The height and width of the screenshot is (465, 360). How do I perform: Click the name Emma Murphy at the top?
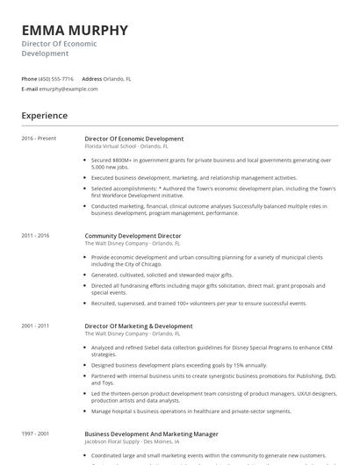(75, 30)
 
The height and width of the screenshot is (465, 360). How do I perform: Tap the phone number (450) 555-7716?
(56, 79)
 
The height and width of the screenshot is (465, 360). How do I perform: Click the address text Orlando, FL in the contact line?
(118, 79)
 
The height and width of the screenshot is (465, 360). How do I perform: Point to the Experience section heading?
(45, 115)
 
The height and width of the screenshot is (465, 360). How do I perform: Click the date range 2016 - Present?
(39, 139)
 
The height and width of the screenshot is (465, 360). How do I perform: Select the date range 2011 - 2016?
(36, 235)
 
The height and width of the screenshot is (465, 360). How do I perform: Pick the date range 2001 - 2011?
(36, 326)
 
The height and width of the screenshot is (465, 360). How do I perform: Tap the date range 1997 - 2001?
(36, 433)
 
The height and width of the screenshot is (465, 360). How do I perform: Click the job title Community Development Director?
(133, 235)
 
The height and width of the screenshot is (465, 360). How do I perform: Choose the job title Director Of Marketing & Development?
(138, 326)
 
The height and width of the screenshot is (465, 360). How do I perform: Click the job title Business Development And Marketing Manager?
(151, 433)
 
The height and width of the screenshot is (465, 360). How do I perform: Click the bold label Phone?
(29, 79)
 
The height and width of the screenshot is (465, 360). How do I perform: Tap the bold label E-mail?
(30, 89)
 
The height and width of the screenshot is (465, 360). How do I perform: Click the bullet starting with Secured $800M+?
(211, 163)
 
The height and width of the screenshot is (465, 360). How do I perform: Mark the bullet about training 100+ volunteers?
(198, 303)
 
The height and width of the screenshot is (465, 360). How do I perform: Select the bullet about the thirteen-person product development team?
(211, 397)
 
